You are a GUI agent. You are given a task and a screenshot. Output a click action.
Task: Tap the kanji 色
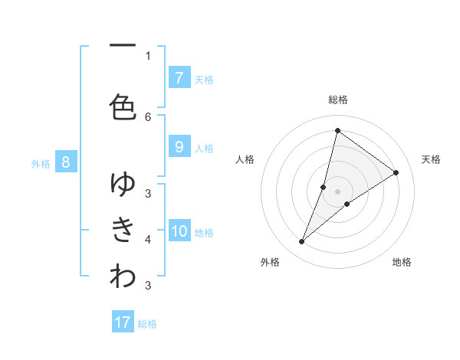(123, 106)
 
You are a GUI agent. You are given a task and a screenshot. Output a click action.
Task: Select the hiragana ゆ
(123, 183)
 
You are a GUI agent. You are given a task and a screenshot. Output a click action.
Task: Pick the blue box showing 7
(179, 77)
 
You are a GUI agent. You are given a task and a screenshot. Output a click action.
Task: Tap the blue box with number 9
(179, 147)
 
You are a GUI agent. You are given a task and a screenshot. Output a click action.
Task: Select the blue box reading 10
(179, 231)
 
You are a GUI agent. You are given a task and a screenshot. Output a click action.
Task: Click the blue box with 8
(66, 162)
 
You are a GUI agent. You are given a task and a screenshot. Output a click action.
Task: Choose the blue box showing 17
(123, 322)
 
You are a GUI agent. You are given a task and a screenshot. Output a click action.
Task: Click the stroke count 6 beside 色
(148, 116)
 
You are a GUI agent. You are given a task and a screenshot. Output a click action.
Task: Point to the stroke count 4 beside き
(148, 240)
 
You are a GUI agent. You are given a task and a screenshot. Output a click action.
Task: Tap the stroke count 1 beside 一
(148, 55)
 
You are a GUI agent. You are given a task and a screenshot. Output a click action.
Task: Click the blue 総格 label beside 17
(147, 324)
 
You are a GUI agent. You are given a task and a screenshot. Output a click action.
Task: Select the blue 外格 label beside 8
(41, 163)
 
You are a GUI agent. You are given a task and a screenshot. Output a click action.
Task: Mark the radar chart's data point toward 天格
(396, 172)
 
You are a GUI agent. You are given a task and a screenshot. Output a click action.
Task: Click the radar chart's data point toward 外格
(302, 242)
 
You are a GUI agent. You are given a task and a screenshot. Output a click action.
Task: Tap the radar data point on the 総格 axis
(337, 130)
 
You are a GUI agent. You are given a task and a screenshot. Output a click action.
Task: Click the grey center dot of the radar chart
(337, 191)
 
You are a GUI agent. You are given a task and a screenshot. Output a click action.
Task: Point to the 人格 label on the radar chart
(245, 159)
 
